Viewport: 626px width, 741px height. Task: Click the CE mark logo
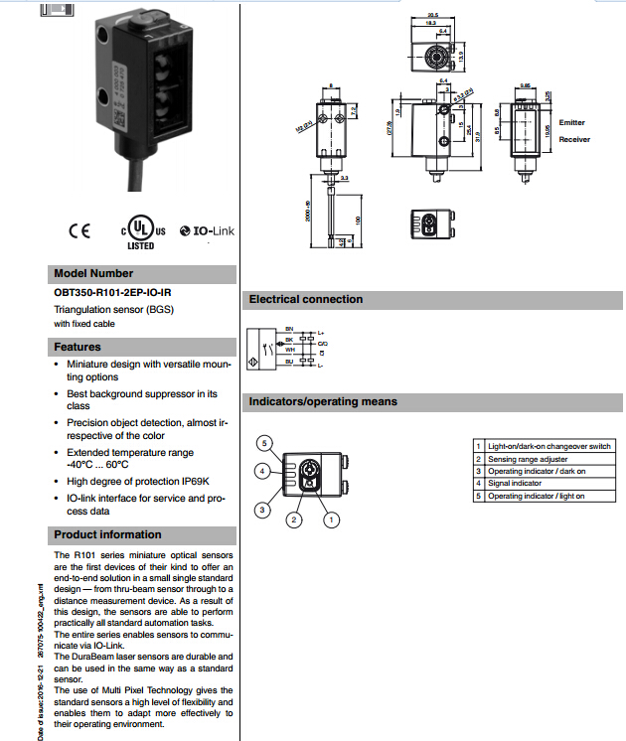(x=78, y=230)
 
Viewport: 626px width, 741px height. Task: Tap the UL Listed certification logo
(x=139, y=231)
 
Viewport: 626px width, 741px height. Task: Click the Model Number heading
(x=93, y=273)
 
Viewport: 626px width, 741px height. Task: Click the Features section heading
(x=78, y=347)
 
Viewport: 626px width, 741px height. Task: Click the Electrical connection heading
(x=306, y=299)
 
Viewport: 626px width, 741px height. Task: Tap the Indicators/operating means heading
(x=323, y=401)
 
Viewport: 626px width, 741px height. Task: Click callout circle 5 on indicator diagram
(x=263, y=442)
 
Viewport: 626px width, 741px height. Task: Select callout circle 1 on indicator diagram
(x=334, y=518)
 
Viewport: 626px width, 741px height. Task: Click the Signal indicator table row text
(x=514, y=483)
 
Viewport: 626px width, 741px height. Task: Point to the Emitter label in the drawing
(x=572, y=122)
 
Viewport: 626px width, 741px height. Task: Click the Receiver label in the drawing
(x=574, y=139)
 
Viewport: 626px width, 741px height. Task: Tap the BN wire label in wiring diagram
(x=289, y=328)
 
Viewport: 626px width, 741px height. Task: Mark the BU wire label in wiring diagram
(x=289, y=362)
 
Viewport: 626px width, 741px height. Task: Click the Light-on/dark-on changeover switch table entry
(x=548, y=445)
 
